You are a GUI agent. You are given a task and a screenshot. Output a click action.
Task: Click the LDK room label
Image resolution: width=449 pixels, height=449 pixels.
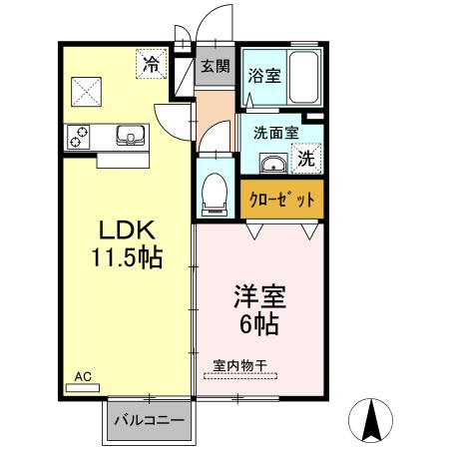click(125, 230)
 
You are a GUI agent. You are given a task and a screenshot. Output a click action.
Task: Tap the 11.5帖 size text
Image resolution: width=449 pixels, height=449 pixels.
click(125, 257)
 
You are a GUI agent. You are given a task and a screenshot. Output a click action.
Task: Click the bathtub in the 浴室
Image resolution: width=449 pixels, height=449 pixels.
click(301, 81)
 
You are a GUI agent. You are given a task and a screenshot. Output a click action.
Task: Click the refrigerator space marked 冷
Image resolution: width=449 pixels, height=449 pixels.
click(150, 65)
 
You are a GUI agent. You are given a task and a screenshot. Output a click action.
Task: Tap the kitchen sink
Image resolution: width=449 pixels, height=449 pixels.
click(129, 135)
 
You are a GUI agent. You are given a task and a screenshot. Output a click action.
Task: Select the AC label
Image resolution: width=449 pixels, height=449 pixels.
click(84, 376)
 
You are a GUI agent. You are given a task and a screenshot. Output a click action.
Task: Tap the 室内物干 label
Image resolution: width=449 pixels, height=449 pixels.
click(241, 364)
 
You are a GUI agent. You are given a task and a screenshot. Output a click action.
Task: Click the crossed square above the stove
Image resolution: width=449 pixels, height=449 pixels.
click(86, 92)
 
